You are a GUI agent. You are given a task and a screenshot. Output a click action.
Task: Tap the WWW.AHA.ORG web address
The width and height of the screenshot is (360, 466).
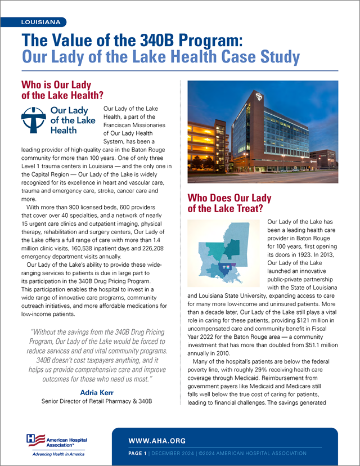coord(157,440)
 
